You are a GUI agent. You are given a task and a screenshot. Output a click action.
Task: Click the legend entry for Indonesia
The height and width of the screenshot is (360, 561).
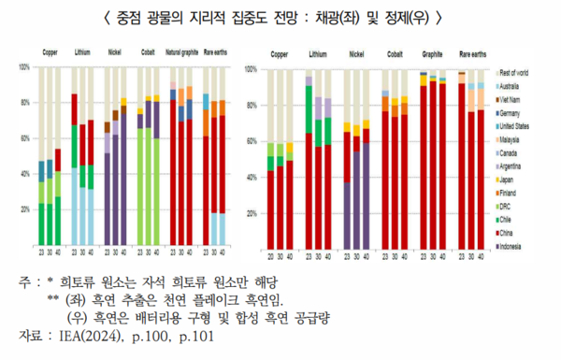[x=513, y=246]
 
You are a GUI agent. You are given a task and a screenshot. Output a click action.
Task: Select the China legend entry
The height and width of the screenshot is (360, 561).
[x=510, y=233]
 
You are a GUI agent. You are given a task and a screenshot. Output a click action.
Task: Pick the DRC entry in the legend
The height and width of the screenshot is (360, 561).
[x=509, y=206]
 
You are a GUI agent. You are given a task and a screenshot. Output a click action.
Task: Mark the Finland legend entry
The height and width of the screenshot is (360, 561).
[x=511, y=193]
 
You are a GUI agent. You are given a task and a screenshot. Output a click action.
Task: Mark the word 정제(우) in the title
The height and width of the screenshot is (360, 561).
[x=425, y=17]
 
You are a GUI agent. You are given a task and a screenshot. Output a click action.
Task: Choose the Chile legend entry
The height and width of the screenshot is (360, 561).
[x=510, y=219]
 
